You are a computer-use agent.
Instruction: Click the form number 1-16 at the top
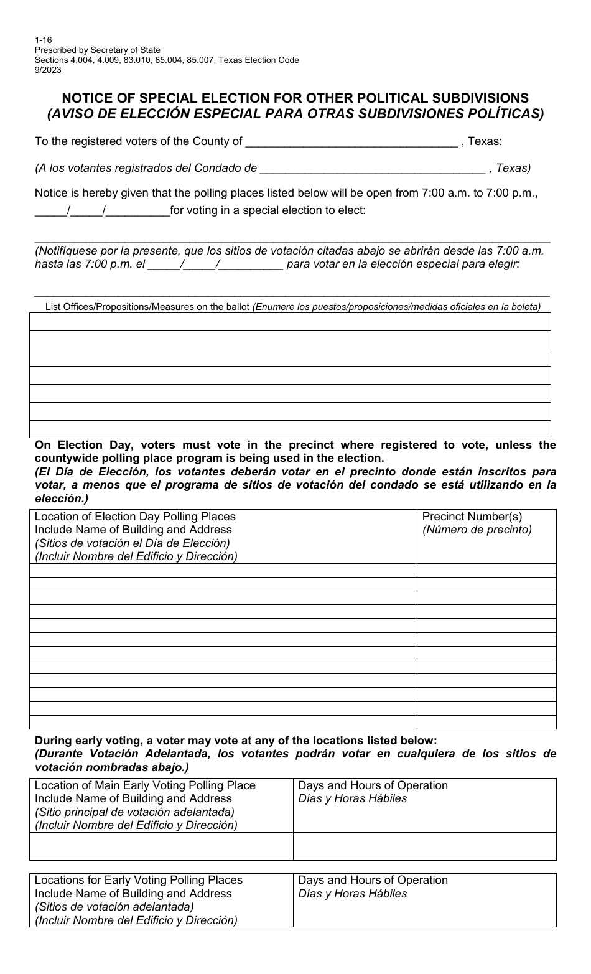(43, 40)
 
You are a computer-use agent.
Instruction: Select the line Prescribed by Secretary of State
(97, 50)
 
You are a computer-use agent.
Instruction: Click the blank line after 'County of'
(351, 143)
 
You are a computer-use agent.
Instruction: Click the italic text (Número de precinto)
(477, 530)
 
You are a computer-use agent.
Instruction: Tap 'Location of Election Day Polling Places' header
(135, 517)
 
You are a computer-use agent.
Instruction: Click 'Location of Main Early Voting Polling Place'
(145, 785)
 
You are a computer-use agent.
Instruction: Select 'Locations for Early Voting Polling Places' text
(139, 880)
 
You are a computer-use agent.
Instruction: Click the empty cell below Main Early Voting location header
(161, 846)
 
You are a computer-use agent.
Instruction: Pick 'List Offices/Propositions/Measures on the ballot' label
(147, 307)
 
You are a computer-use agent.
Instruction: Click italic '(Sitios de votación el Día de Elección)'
(133, 543)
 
